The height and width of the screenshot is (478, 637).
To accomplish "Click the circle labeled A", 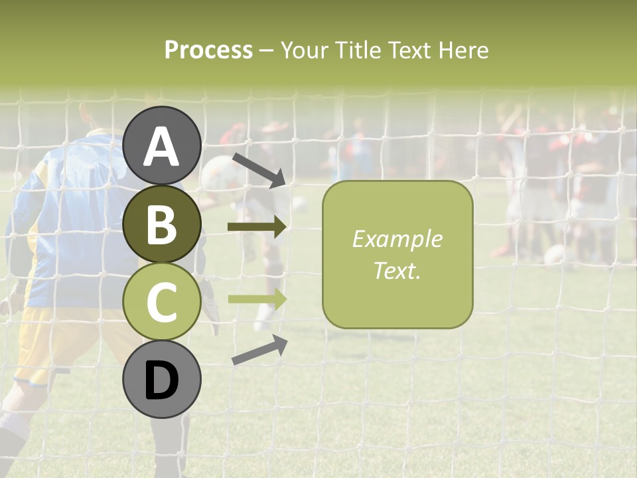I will click(162, 145).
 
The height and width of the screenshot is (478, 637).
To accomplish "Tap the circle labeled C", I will click(162, 302).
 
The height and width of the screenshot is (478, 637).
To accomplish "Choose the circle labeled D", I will click(162, 380).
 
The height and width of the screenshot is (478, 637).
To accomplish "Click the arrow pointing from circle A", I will click(259, 170).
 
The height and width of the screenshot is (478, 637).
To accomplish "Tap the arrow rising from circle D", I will click(259, 351).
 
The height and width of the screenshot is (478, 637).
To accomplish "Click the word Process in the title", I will click(208, 50).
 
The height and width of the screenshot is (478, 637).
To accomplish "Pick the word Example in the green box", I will click(397, 239).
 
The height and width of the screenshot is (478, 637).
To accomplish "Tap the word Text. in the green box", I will click(397, 270).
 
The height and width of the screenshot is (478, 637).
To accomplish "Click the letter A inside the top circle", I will click(162, 147).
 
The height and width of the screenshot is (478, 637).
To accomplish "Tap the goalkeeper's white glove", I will click(209, 305).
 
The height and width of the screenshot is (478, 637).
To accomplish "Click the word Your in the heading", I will click(301, 50).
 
